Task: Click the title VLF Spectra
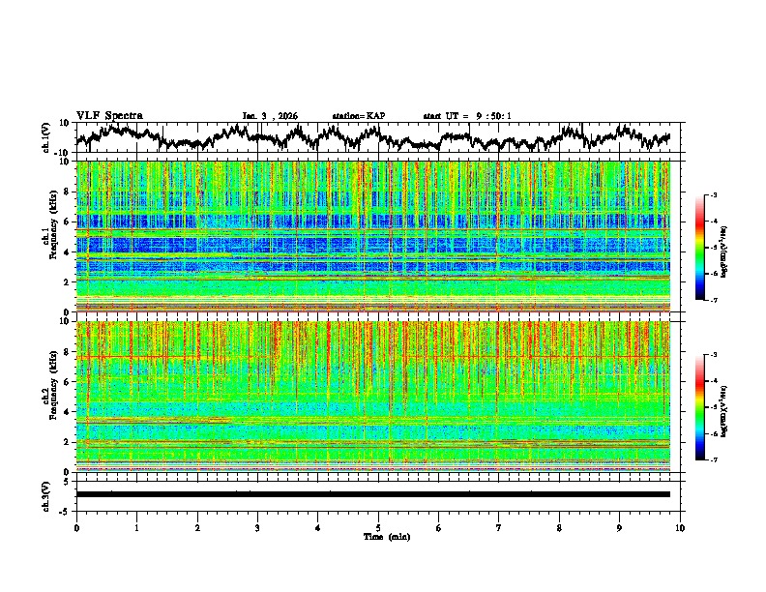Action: point(109,116)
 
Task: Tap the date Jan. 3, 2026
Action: point(270,116)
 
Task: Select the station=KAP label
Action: point(358,116)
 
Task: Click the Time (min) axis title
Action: point(386,536)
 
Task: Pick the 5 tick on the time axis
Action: point(378,527)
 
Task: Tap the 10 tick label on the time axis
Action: point(680,527)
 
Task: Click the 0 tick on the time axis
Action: point(76,527)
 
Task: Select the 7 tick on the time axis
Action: point(499,527)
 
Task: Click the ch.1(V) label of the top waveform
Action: point(45,137)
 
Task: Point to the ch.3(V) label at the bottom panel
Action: point(45,493)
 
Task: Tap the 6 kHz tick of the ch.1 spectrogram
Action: point(68,222)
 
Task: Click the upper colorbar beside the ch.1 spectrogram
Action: point(700,248)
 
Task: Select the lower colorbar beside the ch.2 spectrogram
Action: point(700,407)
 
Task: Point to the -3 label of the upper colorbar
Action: point(712,195)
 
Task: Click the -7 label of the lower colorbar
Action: point(712,460)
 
